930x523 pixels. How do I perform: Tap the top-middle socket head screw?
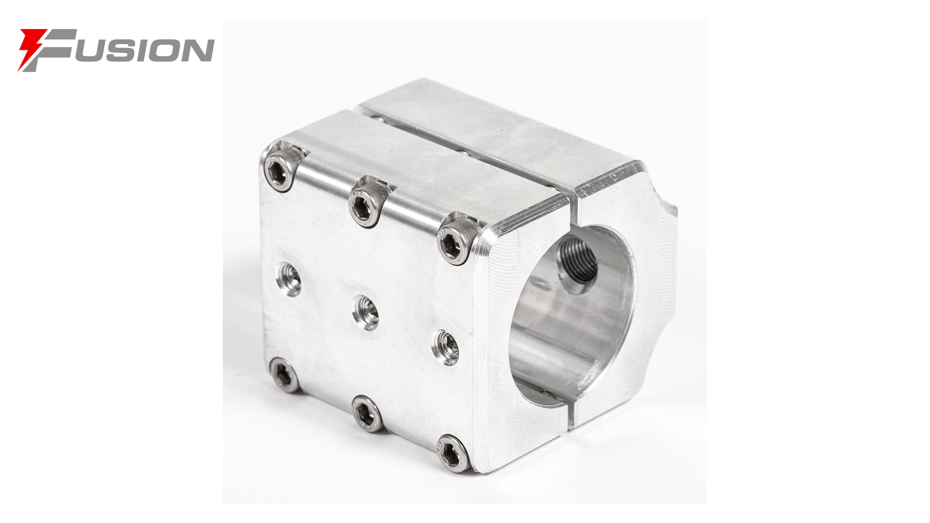coord(368,203)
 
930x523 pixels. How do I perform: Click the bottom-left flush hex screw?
coord(284,374)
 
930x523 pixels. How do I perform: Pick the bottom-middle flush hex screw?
coord(367,413)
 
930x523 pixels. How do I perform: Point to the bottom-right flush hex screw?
coord(453,453)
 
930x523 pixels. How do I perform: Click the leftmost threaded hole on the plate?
coord(289,279)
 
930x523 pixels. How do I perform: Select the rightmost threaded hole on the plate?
coord(446,347)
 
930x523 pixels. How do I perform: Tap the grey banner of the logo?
coord(131,50)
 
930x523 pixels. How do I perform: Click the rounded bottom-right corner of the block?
coord(489,460)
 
